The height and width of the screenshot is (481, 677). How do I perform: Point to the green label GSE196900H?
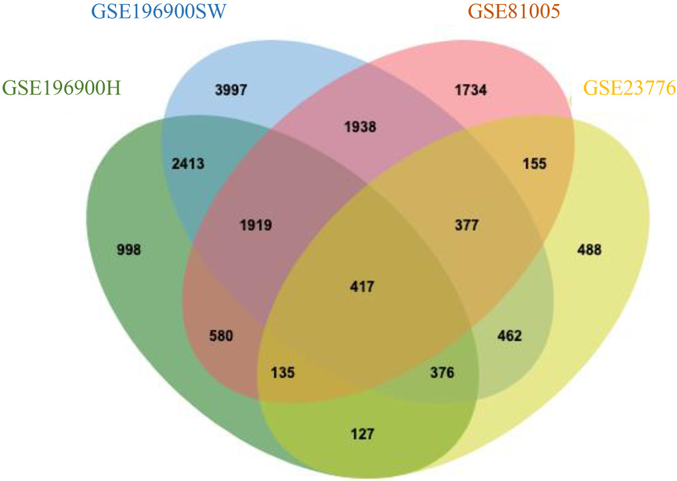click(62, 88)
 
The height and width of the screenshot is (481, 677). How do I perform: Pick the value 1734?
click(471, 90)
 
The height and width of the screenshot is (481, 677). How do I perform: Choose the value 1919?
click(256, 224)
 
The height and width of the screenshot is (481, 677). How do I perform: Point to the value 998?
click(128, 249)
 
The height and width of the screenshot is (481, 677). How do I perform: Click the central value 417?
click(362, 286)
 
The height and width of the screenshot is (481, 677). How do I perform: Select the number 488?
click(589, 249)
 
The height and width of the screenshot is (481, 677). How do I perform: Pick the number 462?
click(509, 335)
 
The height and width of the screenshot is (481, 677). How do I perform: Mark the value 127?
click(362, 432)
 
